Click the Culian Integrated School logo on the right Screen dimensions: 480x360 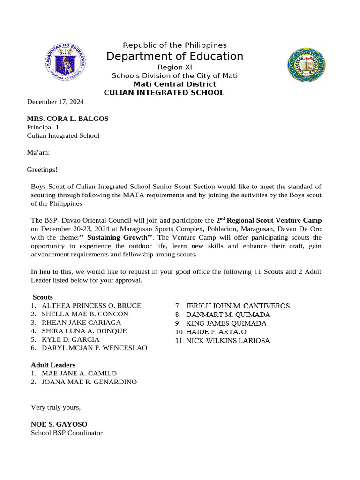click(x=306, y=65)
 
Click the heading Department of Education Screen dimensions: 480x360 click(x=175, y=57)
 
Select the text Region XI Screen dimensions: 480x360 click(x=175, y=67)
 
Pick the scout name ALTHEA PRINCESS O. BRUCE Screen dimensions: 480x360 click(x=91, y=305)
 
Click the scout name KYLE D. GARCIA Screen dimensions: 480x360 click(x=70, y=339)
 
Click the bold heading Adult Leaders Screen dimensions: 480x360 click(x=53, y=365)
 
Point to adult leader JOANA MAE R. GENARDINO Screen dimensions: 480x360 click(x=89, y=382)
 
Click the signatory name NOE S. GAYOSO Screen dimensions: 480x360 click(x=59, y=424)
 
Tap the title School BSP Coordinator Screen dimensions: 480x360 click(x=67, y=433)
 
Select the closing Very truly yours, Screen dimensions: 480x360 click(x=56, y=407)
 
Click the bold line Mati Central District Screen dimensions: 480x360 click(x=175, y=84)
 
